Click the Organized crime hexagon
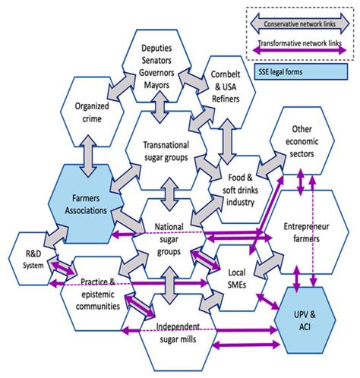click(x=92, y=112)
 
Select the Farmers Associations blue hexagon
click(x=86, y=204)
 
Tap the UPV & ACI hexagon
click(x=305, y=320)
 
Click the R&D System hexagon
click(x=33, y=259)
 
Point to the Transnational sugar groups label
click(x=166, y=151)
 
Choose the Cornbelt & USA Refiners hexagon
click(x=226, y=93)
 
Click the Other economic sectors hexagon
click(x=302, y=140)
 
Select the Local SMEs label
click(x=237, y=279)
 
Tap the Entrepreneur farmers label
click(x=306, y=232)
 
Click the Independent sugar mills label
click(x=178, y=332)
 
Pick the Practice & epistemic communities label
click(x=98, y=294)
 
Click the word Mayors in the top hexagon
click(x=156, y=85)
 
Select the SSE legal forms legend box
click(x=302, y=72)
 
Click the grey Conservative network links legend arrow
click(x=300, y=24)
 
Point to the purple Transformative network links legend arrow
click(x=300, y=50)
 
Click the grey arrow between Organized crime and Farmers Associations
click(x=89, y=156)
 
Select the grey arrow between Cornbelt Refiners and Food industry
click(x=227, y=142)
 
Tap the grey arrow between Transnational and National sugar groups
click(x=169, y=194)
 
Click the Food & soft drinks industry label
click(x=240, y=190)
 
